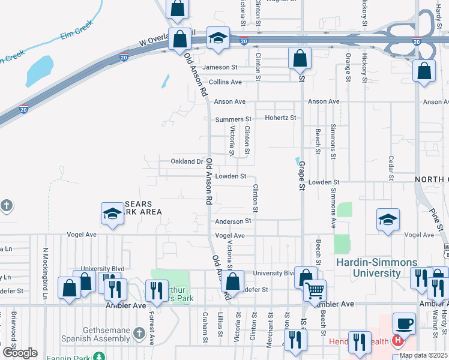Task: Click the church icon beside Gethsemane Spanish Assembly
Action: point(139,332)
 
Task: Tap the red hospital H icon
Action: point(396,341)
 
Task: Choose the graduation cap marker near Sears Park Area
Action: point(112,214)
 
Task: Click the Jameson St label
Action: point(220,67)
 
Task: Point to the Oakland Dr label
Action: point(187,161)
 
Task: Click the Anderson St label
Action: point(232,221)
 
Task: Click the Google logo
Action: point(20,352)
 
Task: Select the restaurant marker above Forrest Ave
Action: point(157,290)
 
